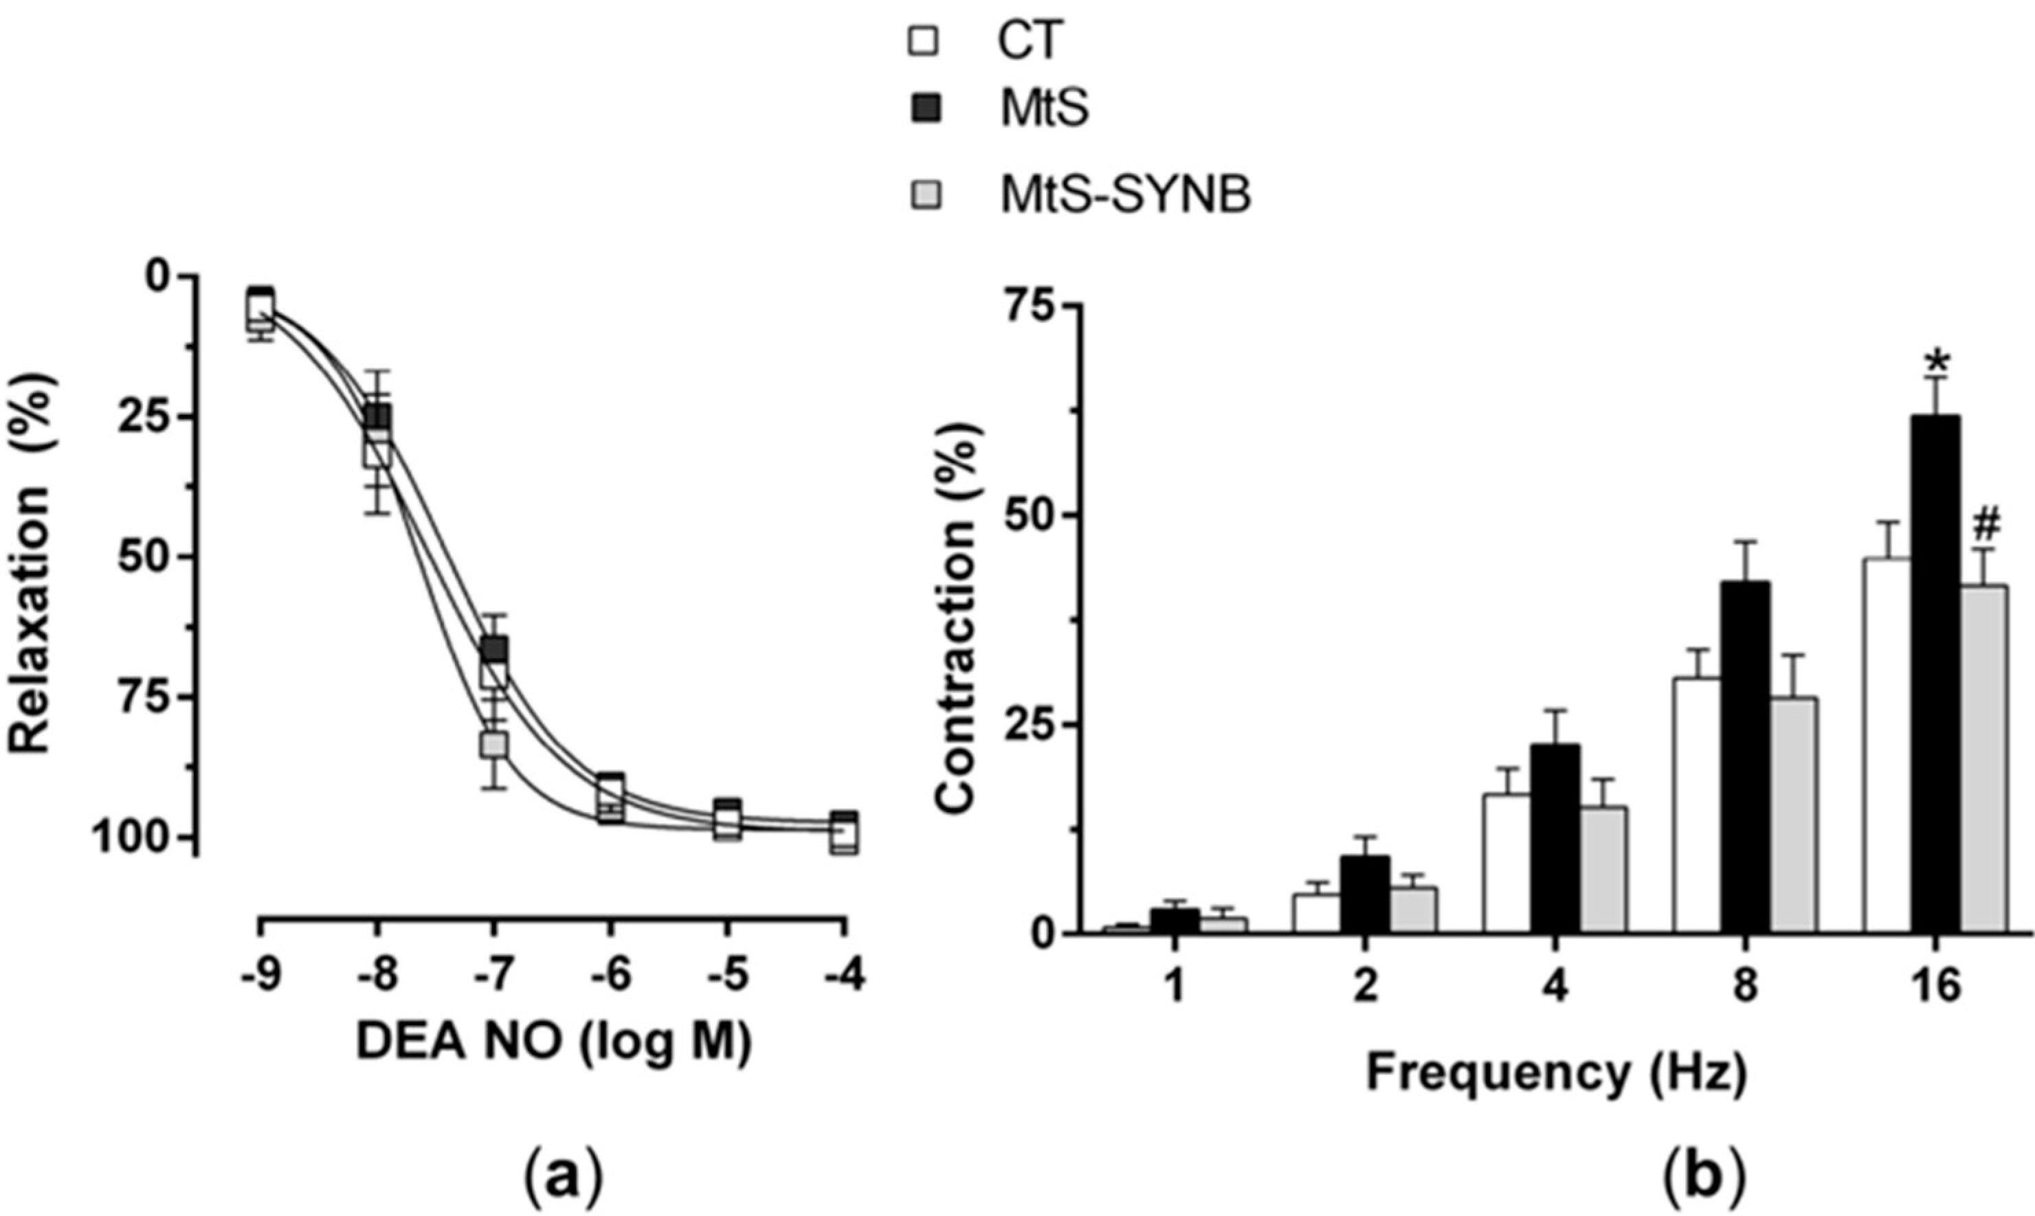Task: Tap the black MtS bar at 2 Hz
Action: click(x=1365, y=894)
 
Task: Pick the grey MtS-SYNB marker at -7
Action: click(x=494, y=745)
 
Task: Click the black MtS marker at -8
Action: click(x=378, y=417)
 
